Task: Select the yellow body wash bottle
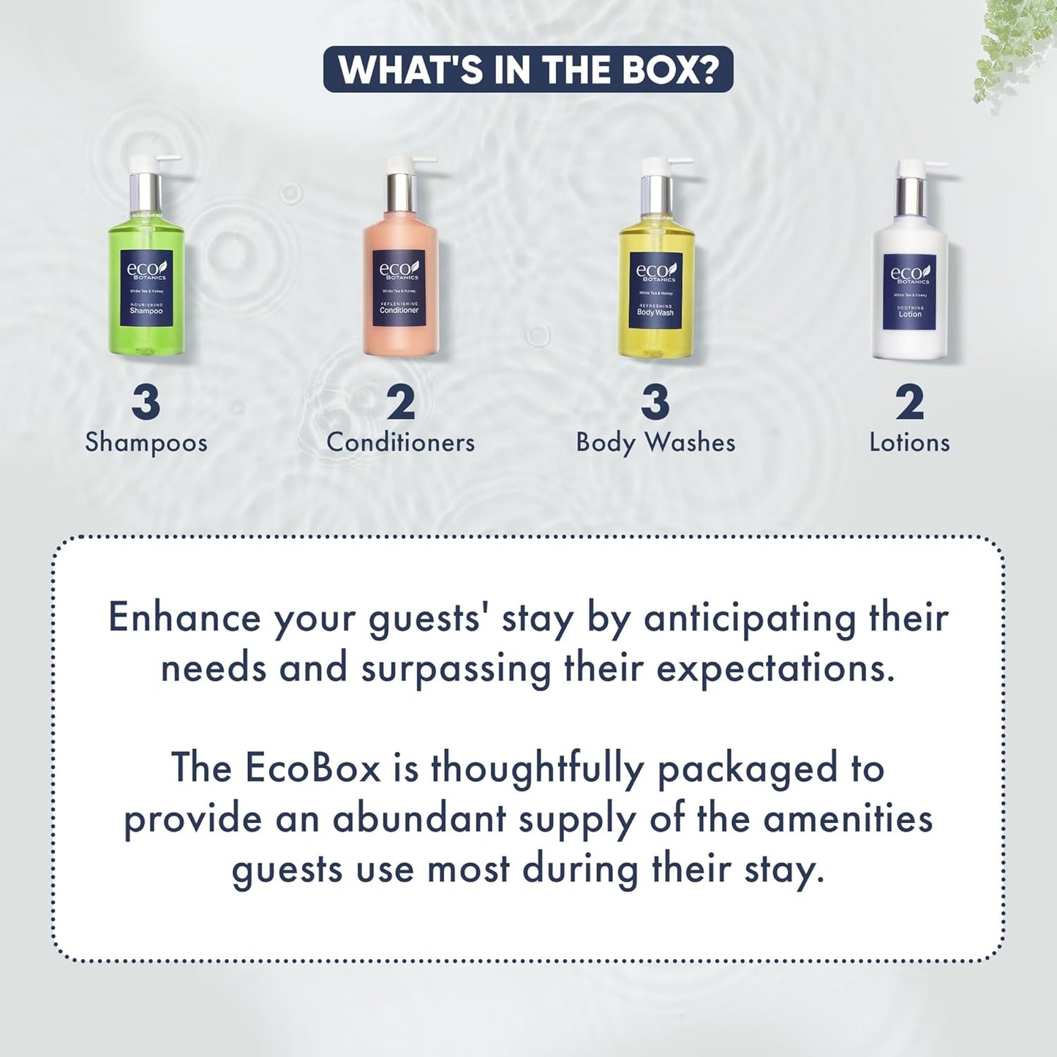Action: [655, 289]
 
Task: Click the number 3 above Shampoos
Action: [146, 402]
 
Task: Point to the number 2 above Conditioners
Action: [400, 402]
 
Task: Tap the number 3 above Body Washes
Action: [655, 402]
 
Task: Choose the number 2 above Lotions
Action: [909, 402]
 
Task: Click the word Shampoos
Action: [146, 443]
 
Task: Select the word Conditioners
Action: [400, 442]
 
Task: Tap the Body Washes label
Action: [655, 443]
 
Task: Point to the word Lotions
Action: [909, 442]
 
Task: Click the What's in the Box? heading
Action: [528, 69]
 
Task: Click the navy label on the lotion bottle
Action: [909, 292]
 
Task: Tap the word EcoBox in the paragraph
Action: [312, 768]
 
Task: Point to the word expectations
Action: [775, 669]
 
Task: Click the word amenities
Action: [848, 819]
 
